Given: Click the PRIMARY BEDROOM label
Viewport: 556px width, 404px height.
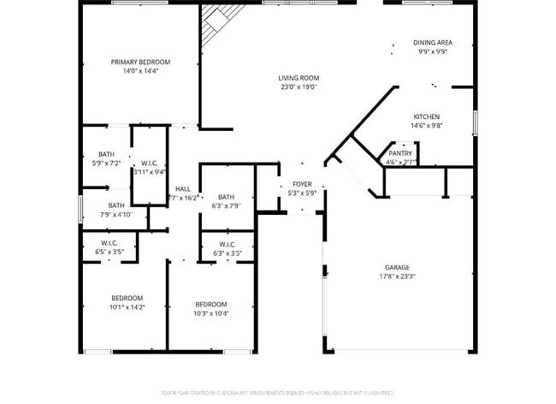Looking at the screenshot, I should click(x=140, y=62).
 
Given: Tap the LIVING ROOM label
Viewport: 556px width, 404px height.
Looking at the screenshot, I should click(x=298, y=78).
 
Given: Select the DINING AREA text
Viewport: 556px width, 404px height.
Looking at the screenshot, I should click(x=433, y=42).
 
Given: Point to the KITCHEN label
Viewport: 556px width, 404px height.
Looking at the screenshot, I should click(x=426, y=116).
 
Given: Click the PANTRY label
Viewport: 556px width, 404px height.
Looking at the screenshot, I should click(x=400, y=153).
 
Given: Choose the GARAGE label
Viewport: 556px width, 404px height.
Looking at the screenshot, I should click(x=397, y=268).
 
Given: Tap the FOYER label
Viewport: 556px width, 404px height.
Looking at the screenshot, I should click(x=303, y=184).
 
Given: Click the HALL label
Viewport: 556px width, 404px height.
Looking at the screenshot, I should click(x=183, y=189).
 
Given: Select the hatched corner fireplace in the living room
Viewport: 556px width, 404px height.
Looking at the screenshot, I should click(x=218, y=22).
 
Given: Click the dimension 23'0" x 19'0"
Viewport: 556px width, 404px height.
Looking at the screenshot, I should click(x=298, y=86).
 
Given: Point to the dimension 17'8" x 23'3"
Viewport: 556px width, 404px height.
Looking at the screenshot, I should click(x=397, y=276).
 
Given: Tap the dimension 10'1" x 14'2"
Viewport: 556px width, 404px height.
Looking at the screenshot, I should click(x=127, y=306).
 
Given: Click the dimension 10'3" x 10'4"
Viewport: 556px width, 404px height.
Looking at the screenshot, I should click(x=210, y=313).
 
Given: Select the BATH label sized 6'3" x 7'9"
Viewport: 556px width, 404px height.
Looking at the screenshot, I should click(x=226, y=197).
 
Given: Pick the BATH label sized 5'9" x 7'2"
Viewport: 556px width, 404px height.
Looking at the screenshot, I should click(x=106, y=154).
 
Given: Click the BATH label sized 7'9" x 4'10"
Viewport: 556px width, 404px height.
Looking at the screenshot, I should click(x=115, y=205).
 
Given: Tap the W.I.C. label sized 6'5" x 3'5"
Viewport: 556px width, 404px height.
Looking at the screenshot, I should click(x=107, y=243).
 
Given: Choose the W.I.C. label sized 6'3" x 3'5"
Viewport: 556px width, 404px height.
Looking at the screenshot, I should click(x=228, y=244).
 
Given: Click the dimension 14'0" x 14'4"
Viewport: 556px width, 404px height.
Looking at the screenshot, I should click(x=140, y=70).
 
